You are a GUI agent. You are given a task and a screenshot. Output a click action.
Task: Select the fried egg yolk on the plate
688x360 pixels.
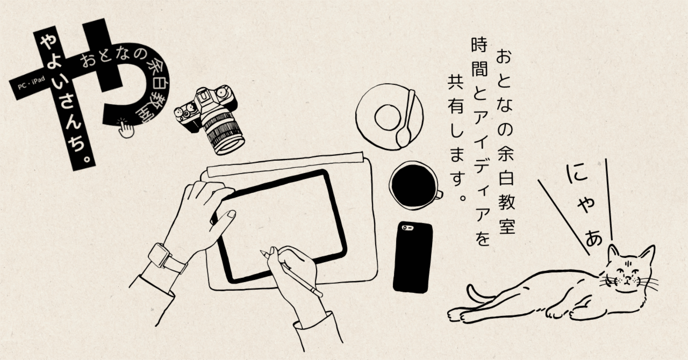click(388, 118)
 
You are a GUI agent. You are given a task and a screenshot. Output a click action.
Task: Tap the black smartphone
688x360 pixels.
click(413, 257)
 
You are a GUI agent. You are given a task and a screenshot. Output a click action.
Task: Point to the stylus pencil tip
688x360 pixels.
click(262, 253)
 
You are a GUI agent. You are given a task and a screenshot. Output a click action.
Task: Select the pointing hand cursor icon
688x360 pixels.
click(126, 128)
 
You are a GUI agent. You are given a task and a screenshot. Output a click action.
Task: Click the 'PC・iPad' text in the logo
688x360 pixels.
click(31, 83)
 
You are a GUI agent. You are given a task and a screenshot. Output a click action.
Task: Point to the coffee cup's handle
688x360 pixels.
click(439, 195)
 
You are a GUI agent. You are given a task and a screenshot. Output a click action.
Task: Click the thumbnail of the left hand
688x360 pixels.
click(232, 214)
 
